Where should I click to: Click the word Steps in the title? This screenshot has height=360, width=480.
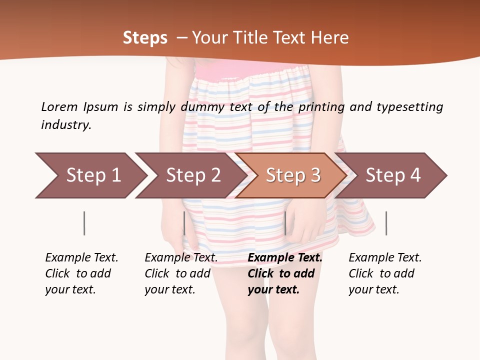(x=145, y=38)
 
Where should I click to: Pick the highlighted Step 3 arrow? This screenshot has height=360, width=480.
(x=293, y=175)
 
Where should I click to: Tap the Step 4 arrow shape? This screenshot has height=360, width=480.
(x=393, y=175)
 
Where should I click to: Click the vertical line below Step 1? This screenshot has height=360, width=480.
(x=84, y=223)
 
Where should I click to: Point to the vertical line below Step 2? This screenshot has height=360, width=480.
(x=184, y=223)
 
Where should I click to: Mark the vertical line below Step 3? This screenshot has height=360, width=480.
(x=285, y=223)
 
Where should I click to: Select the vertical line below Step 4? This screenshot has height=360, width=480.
(x=386, y=223)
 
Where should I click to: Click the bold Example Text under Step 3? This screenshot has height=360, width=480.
(x=285, y=258)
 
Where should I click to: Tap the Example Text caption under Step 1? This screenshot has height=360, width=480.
(x=81, y=258)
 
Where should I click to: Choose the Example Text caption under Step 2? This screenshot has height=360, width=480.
(x=181, y=258)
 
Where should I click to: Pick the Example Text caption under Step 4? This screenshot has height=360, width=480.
(x=385, y=258)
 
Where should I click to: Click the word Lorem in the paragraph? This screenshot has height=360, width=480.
(x=59, y=107)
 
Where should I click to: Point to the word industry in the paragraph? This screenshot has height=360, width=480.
(x=66, y=125)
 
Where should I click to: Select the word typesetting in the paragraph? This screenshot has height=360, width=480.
(x=409, y=107)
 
